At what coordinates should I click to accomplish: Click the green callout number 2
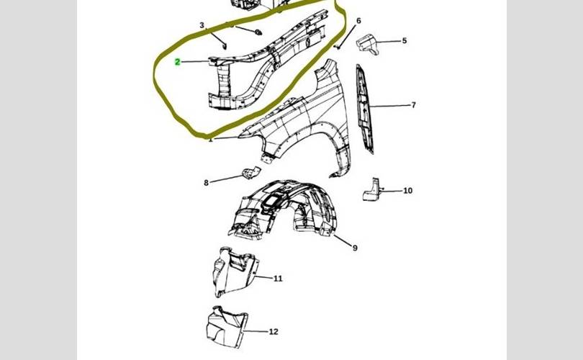[x=178, y=63]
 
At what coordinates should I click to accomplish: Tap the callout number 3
[x=202, y=26]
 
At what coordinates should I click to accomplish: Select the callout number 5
[x=405, y=41]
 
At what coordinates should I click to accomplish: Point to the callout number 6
[x=358, y=21]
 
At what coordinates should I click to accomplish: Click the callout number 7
[x=414, y=105]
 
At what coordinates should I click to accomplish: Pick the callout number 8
[x=206, y=183]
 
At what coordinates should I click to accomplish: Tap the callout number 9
[x=355, y=248]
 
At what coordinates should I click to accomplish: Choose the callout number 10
[x=407, y=191]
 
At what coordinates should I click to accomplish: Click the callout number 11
[x=278, y=278]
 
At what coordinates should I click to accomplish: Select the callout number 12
[x=274, y=332]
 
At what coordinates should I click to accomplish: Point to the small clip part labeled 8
[x=249, y=174]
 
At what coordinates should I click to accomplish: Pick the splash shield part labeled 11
[x=232, y=272]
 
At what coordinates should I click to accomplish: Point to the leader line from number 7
[x=393, y=106]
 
